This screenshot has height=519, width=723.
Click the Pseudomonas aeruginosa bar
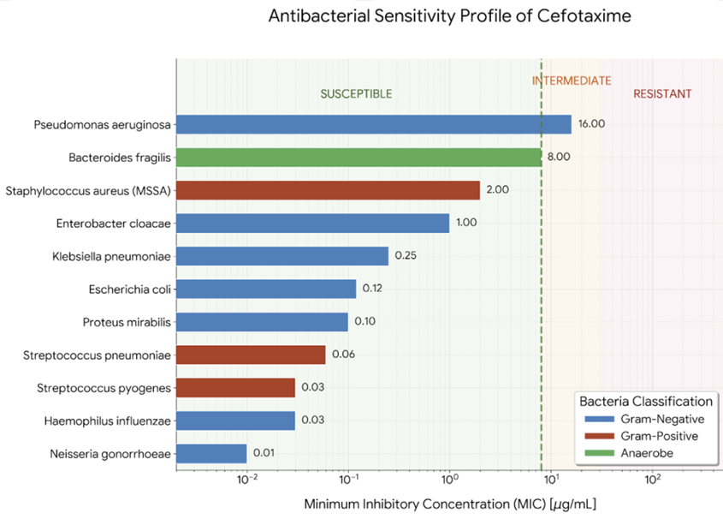(374, 124)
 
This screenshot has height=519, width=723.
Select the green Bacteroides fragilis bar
(359, 157)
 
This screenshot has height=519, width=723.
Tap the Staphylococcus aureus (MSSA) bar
(329, 190)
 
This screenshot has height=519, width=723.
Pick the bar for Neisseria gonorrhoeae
(212, 454)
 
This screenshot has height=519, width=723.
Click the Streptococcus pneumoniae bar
(252, 355)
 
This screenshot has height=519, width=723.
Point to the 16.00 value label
(591, 124)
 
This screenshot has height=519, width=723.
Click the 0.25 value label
(405, 256)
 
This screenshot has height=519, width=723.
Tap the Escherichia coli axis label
(129, 289)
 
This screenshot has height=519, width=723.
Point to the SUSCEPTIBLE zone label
(356, 94)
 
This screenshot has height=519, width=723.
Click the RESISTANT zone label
(662, 94)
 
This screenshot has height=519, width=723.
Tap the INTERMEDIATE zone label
(572, 81)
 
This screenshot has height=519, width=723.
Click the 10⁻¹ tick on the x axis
(348, 478)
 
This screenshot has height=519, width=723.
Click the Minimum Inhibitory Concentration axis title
(449, 504)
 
